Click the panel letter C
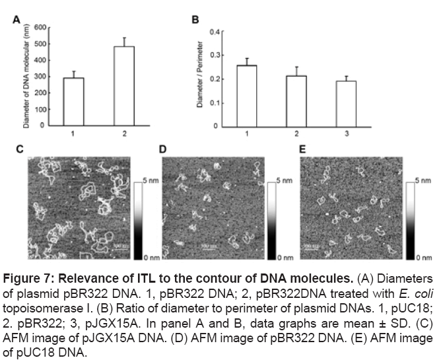(x=19, y=151)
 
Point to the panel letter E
(x=303, y=151)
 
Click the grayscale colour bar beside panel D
(x=270, y=218)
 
